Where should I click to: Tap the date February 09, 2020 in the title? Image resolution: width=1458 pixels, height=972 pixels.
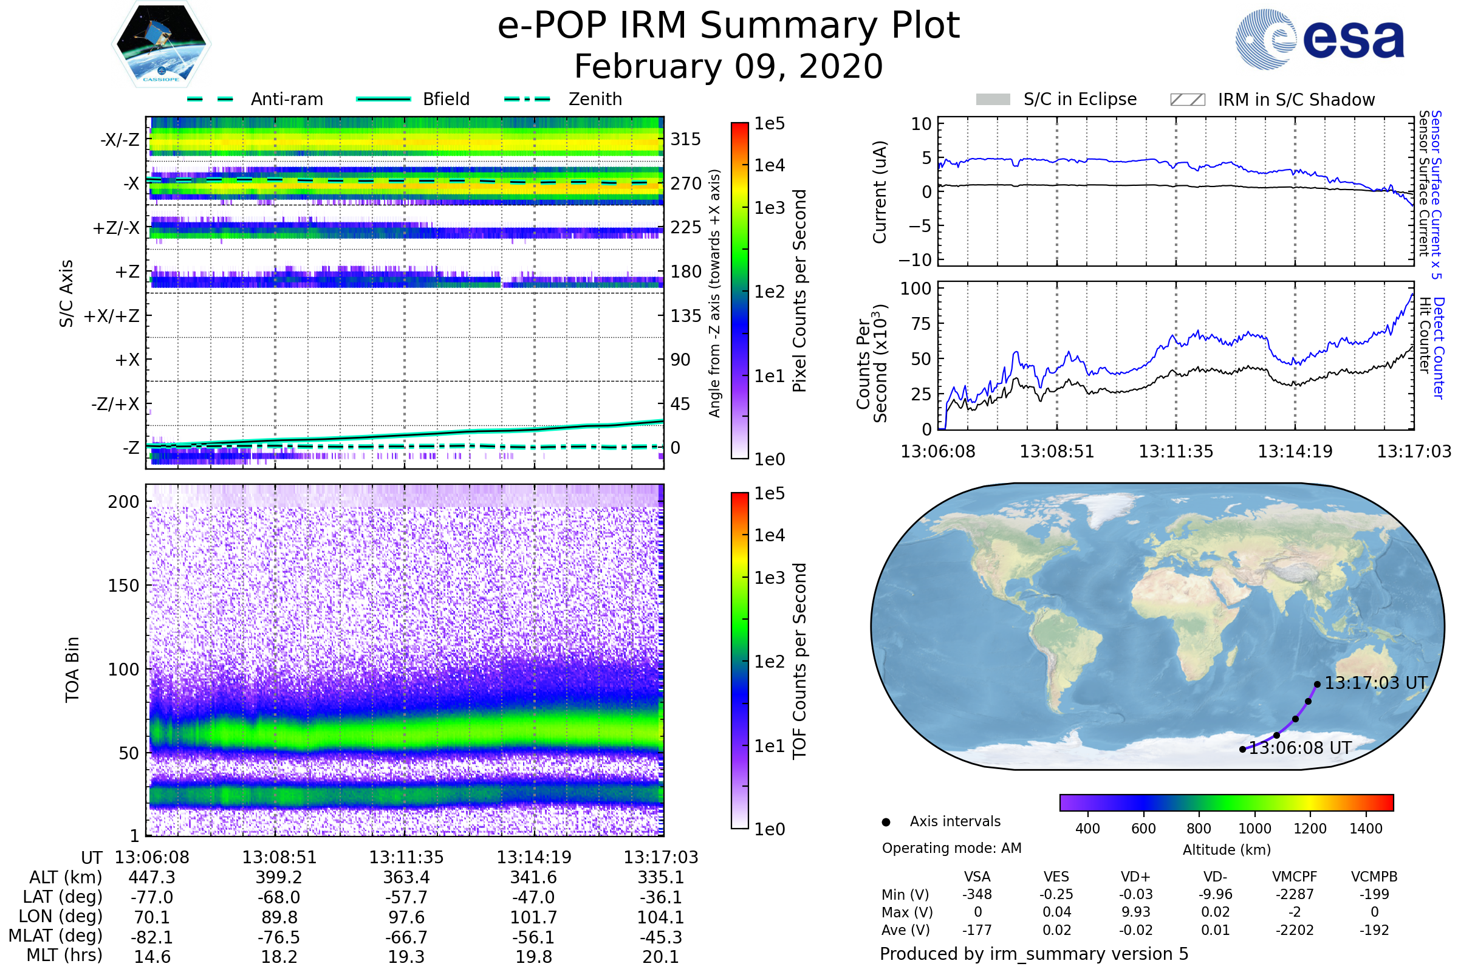[x=728, y=66]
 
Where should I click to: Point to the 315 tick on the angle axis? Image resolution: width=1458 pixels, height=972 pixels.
[x=685, y=140]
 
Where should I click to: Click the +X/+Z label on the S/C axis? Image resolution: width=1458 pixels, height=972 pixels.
[x=112, y=316]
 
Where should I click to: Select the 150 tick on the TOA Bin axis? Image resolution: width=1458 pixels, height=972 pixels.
[x=123, y=586]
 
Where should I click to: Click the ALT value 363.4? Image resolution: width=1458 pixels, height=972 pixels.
[x=406, y=878]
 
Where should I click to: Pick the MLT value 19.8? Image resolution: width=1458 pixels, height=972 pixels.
[x=533, y=956]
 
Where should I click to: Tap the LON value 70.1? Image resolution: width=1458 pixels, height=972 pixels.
[x=152, y=917]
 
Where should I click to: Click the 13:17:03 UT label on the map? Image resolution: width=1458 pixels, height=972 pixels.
[x=1375, y=683]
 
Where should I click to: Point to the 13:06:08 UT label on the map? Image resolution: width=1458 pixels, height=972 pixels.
[x=1300, y=748]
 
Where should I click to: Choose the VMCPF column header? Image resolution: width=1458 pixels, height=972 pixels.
[x=1295, y=877]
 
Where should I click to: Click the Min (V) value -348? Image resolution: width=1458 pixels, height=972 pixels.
[x=977, y=894]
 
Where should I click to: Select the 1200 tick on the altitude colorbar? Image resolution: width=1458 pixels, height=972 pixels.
[x=1310, y=829]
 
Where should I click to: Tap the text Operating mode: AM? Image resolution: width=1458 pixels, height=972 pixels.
[x=951, y=848]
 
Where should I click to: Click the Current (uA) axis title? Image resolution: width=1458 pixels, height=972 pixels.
[x=880, y=192]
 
